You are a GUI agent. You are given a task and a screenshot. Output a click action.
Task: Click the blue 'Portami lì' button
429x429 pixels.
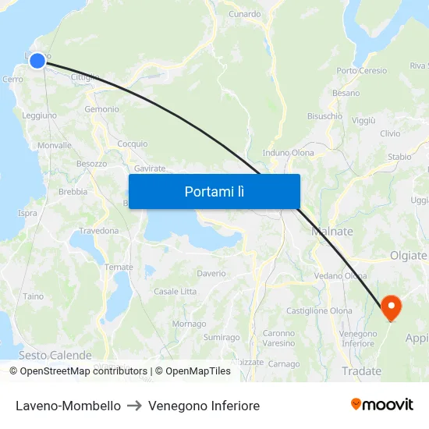click(214, 191)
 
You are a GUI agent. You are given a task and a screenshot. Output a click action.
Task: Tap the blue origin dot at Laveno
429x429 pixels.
click(37, 59)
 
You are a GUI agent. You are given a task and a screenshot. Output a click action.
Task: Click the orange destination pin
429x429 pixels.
click(390, 307)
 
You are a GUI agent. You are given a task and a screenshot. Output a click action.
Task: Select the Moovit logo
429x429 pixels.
click(382, 405)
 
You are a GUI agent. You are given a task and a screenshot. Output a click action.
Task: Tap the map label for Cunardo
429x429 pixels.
click(245, 14)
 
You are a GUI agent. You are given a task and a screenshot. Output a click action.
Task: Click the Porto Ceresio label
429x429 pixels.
click(361, 71)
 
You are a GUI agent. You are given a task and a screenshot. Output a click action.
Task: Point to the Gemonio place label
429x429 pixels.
click(101, 109)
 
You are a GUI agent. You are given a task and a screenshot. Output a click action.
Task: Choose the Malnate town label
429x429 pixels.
click(332, 232)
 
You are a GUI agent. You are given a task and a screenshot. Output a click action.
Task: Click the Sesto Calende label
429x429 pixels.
click(44, 355)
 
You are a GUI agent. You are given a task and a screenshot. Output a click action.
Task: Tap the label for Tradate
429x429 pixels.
click(362, 371)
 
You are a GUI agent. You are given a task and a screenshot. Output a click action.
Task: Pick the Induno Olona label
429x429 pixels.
click(289, 153)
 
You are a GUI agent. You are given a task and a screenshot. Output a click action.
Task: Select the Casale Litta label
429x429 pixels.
click(175, 291)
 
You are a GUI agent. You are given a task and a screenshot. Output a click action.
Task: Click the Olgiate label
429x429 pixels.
click(408, 255)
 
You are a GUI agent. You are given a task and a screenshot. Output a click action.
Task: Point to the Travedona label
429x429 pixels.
click(98, 231)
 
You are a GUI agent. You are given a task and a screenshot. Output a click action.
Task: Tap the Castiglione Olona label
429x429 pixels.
click(320, 310)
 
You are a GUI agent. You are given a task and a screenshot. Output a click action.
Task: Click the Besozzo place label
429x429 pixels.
click(91, 164)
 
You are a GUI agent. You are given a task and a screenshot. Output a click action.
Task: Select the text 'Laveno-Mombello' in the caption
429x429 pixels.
click(68, 406)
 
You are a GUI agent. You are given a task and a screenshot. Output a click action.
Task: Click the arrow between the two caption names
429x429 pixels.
click(134, 406)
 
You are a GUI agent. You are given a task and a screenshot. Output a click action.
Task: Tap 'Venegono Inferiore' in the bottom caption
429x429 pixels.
click(204, 406)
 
